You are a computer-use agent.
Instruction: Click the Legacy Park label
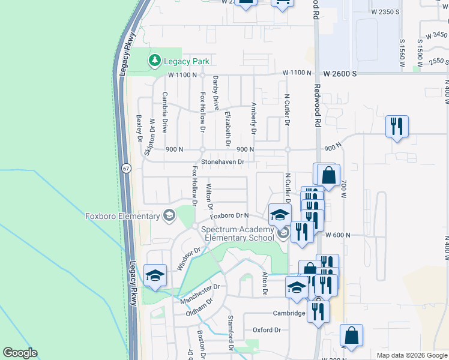(x=185, y=61)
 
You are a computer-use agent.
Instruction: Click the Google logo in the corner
(x=20, y=353)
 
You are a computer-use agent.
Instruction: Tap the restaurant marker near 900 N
(x=397, y=126)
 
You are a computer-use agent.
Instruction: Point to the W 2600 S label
(x=340, y=73)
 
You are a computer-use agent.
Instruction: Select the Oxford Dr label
(x=267, y=330)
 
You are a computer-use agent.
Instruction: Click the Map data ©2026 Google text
(x=411, y=355)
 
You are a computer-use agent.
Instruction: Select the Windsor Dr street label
(x=188, y=258)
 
